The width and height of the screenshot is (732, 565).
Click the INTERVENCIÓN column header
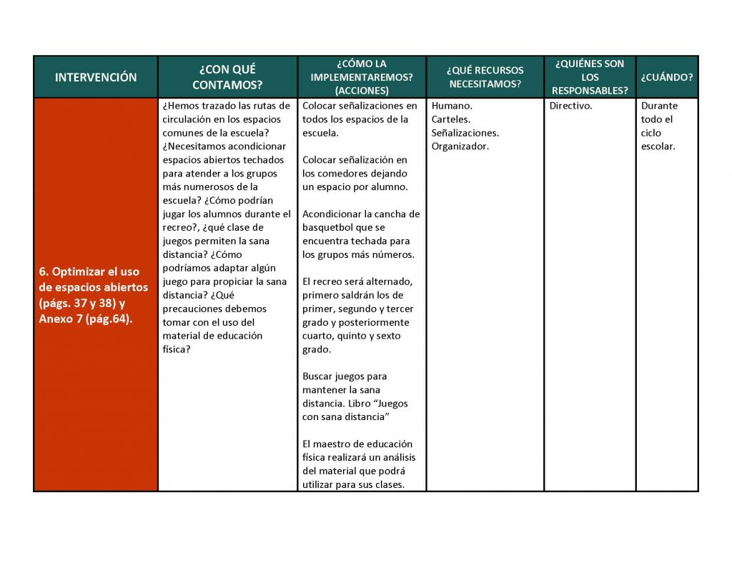click(x=96, y=77)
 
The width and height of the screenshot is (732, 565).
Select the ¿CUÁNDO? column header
click(x=666, y=77)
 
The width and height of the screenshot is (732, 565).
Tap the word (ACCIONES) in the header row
click(x=362, y=91)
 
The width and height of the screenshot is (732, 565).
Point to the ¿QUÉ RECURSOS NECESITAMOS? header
click(x=485, y=77)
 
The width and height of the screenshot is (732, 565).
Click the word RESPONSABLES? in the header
click(x=590, y=91)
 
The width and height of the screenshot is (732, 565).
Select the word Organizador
click(x=460, y=146)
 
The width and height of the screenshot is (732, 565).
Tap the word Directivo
click(x=570, y=106)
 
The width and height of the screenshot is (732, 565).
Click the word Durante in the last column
click(x=659, y=106)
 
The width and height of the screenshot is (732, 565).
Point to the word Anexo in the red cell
click(x=56, y=319)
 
